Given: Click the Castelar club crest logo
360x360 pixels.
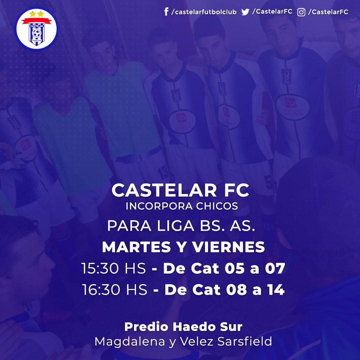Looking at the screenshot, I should (36, 29).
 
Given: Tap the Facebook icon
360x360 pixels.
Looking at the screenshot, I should (166, 12).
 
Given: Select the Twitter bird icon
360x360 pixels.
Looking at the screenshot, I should (245, 12).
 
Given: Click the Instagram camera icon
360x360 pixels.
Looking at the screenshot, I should (301, 12).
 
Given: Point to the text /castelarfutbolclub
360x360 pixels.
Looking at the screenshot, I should (204, 12).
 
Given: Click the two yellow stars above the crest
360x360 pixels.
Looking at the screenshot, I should (36, 14).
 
